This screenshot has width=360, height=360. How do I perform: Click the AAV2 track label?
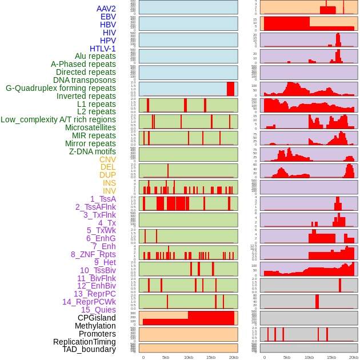click(x=106, y=9)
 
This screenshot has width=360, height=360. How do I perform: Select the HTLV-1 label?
click(x=103, y=49)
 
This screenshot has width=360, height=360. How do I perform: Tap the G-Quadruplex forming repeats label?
click(x=61, y=88)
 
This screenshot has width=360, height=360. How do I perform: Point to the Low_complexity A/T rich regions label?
click(x=58, y=119)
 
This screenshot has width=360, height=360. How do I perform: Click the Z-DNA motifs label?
click(x=93, y=151)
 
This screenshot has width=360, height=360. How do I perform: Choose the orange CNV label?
click(x=107, y=159)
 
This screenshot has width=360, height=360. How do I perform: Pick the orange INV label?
click(x=109, y=191)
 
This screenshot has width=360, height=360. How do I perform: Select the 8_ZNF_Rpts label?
click(x=93, y=254)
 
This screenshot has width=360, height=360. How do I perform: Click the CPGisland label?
click(x=97, y=318)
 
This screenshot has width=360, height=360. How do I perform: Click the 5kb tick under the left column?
click(x=166, y=357)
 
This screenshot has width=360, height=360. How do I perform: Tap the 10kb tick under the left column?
click(x=189, y=357)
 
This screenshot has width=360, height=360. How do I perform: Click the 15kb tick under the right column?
click(x=331, y=357)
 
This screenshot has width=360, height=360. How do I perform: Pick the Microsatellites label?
click(x=90, y=127)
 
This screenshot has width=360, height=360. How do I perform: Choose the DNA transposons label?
click(x=85, y=80)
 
